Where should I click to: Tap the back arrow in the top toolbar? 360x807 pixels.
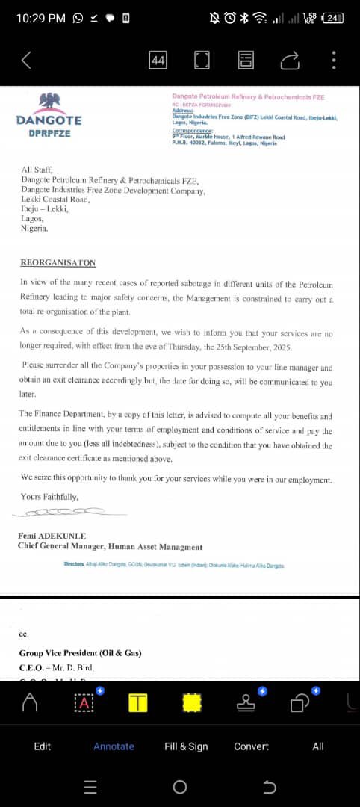[x=26, y=61]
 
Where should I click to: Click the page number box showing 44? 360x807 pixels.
[x=158, y=61]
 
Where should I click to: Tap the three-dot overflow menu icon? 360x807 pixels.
[x=334, y=61]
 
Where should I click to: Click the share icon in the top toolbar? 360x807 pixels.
[x=291, y=61]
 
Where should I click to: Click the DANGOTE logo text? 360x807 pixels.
[x=49, y=120]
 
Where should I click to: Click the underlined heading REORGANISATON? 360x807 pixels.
[x=58, y=263]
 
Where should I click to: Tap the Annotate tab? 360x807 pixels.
[x=114, y=746]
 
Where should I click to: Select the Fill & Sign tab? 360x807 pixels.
[x=186, y=746]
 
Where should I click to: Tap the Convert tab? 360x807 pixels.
[x=251, y=746]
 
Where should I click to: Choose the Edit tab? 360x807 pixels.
[x=43, y=746]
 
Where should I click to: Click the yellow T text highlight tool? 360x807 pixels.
[x=138, y=702]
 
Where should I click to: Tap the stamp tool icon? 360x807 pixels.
[x=246, y=702]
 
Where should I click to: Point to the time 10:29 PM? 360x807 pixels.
[x=40, y=18]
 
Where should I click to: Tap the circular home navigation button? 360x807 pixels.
[x=179, y=787]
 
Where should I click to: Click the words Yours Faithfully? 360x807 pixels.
[x=49, y=496]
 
